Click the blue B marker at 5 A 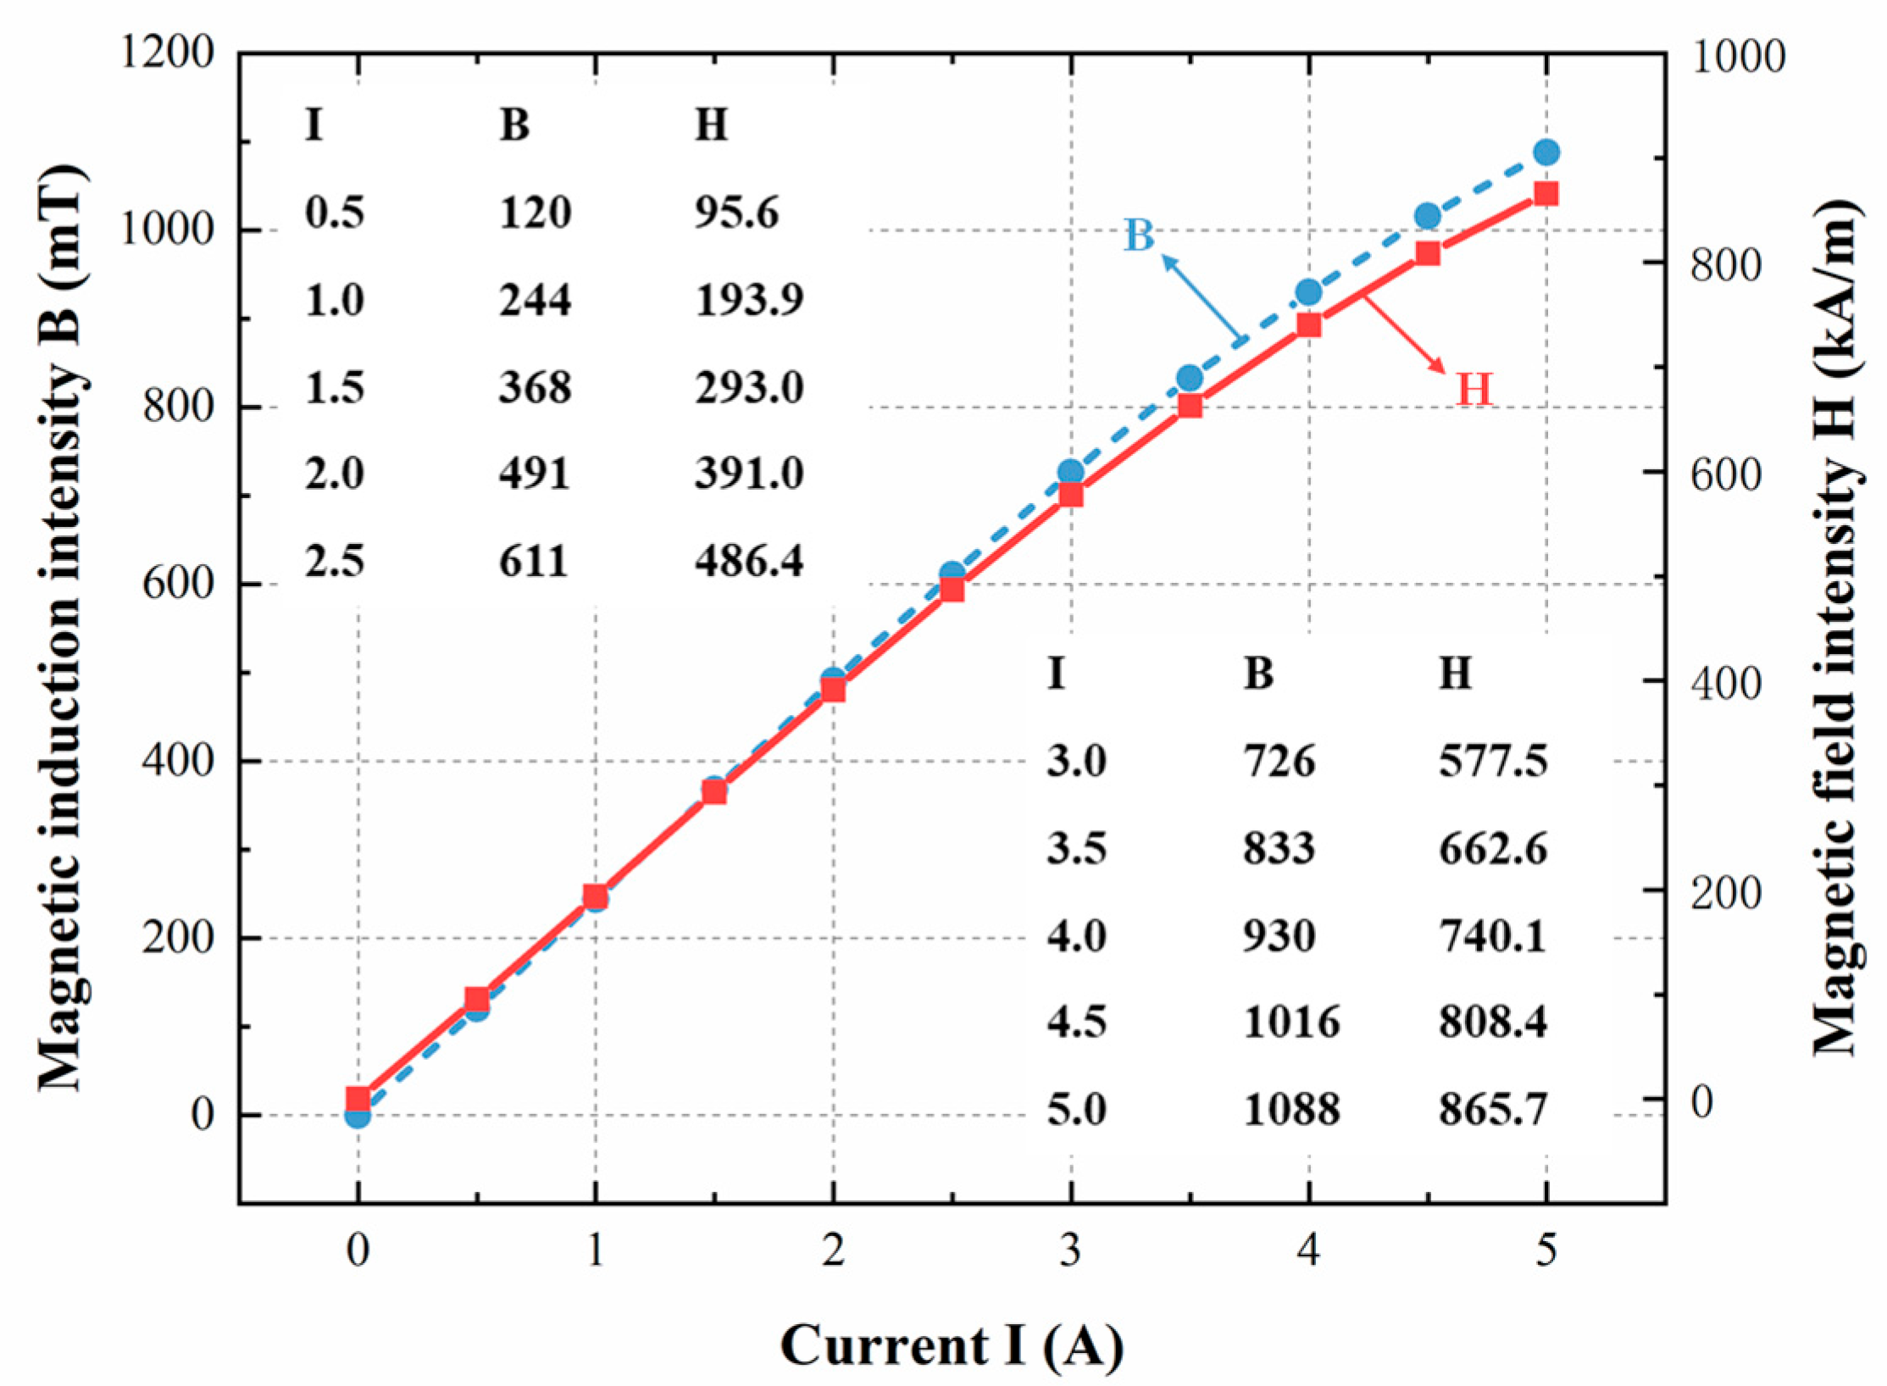click(1546, 152)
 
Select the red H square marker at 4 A click(1308, 324)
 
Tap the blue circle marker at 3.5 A click(1190, 378)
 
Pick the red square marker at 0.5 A click(477, 999)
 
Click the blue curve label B click(1138, 236)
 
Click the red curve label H click(1474, 390)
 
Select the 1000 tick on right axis click(1737, 58)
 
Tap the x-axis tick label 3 click(1071, 1250)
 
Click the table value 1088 click(1291, 1109)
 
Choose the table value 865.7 click(1493, 1109)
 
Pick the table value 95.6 click(736, 212)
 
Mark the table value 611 click(533, 561)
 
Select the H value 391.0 click(749, 473)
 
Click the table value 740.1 click(1493, 936)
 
